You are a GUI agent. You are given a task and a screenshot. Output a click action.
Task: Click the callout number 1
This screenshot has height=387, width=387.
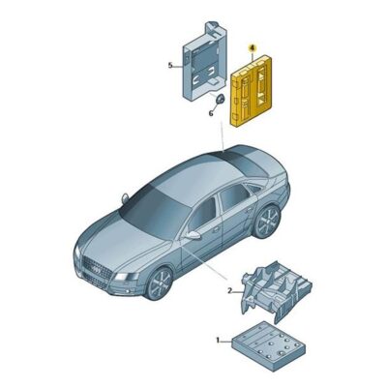click(220, 340)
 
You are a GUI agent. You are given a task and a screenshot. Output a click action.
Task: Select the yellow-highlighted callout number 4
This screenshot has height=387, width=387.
click(253, 46)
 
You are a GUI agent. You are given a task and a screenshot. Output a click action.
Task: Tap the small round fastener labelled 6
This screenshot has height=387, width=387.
click(220, 101)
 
